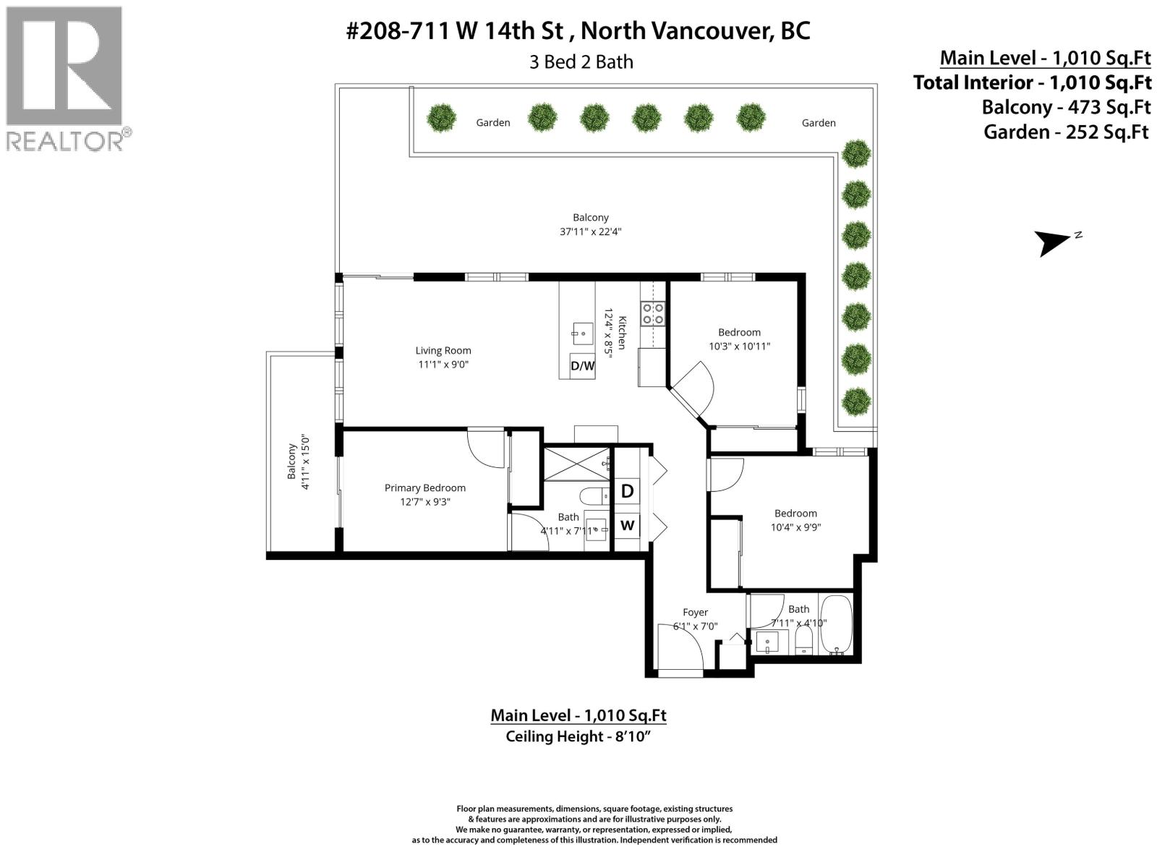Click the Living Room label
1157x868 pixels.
(x=443, y=351)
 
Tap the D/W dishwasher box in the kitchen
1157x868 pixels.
(x=582, y=365)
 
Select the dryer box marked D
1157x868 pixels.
(x=627, y=491)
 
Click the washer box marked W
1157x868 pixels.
(x=627, y=525)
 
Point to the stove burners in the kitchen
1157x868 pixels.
(x=654, y=313)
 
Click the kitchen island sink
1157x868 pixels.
(x=578, y=333)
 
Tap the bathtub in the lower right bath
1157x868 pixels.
(x=837, y=624)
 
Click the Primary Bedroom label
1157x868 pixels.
(x=424, y=488)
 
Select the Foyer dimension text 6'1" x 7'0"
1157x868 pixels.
(x=695, y=626)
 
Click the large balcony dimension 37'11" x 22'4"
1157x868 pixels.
(x=590, y=231)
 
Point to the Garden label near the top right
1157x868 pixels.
(x=818, y=123)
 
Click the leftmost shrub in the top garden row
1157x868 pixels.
(x=440, y=117)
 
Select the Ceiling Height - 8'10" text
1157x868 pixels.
(x=578, y=736)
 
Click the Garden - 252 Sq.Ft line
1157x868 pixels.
(x=1066, y=132)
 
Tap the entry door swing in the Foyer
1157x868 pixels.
(x=681, y=646)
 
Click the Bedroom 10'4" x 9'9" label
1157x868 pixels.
(x=795, y=520)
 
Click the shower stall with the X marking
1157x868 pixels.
(x=576, y=463)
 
